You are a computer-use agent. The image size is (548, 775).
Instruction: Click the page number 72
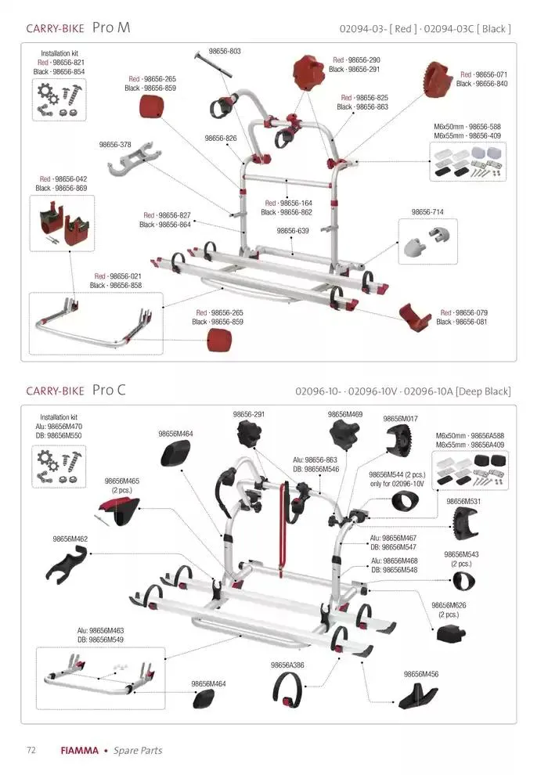31,750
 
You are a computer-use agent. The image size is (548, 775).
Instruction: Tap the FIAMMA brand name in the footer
80,750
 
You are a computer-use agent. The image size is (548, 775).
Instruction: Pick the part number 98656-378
114,144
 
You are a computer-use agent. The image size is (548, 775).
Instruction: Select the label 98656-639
292,231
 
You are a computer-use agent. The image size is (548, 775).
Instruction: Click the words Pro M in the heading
111,28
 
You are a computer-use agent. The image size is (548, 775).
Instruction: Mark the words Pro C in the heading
109,390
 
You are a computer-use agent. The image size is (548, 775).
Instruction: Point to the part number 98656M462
70,539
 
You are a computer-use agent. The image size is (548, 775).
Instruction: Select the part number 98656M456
420,673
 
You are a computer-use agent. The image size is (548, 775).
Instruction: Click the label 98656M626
449,605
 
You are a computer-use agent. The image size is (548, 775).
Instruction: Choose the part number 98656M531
463,501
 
